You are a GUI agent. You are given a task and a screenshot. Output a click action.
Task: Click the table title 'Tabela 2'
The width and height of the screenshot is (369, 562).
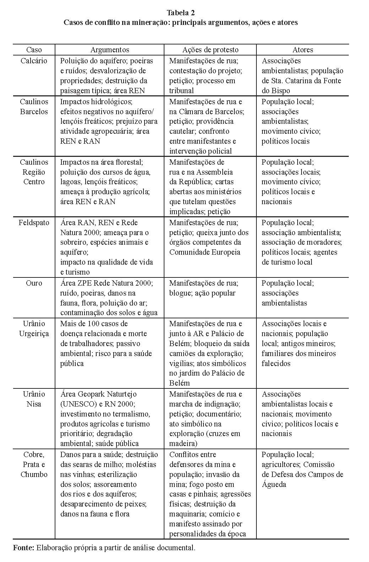point(180,13)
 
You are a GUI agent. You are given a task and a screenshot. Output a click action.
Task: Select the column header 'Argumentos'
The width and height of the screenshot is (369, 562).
point(110,50)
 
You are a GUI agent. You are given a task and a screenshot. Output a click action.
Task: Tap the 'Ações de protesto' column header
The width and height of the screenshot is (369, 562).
point(210,50)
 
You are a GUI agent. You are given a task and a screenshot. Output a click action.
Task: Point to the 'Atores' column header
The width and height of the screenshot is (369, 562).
point(303,50)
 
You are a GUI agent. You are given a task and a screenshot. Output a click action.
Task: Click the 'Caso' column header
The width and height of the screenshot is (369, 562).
point(34,50)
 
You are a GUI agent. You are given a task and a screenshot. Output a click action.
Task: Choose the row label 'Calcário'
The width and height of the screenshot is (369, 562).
point(34,61)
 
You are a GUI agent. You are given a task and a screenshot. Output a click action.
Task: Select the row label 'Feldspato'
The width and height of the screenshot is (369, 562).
point(34,223)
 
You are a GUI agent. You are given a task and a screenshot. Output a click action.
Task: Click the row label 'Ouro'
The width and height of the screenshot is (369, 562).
point(34,283)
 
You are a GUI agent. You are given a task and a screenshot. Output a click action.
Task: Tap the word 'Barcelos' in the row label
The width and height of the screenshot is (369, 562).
point(34,111)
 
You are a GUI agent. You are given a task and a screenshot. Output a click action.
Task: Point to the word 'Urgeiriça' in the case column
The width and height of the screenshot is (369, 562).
point(34,334)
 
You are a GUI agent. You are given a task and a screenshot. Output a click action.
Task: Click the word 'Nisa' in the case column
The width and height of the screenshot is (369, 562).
point(34,404)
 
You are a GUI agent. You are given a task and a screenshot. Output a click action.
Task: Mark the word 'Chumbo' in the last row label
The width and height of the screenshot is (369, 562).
point(34,474)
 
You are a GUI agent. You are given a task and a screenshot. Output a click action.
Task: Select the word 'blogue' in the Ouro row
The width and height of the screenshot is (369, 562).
point(181,293)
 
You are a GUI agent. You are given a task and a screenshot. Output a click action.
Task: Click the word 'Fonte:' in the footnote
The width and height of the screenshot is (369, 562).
point(23,548)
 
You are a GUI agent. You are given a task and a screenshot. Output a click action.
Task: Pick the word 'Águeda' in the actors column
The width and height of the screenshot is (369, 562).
point(274,484)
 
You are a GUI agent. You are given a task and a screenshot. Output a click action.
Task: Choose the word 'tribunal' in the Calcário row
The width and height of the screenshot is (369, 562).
point(181,91)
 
